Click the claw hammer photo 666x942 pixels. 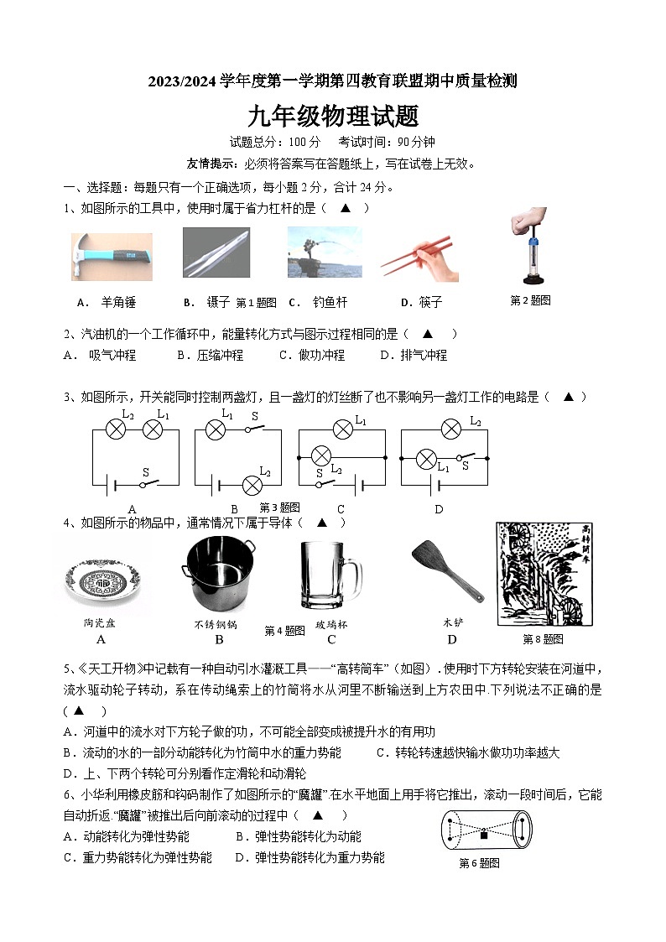tap(112, 257)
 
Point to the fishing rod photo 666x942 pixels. tap(324, 252)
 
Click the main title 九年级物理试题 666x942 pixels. tap(333, 116)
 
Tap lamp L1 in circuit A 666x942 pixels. tap(152, 429)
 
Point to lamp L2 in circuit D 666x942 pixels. tap(450, 429)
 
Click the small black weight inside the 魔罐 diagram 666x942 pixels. tap(484, 834)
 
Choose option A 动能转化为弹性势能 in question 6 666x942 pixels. tap(127, 836)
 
